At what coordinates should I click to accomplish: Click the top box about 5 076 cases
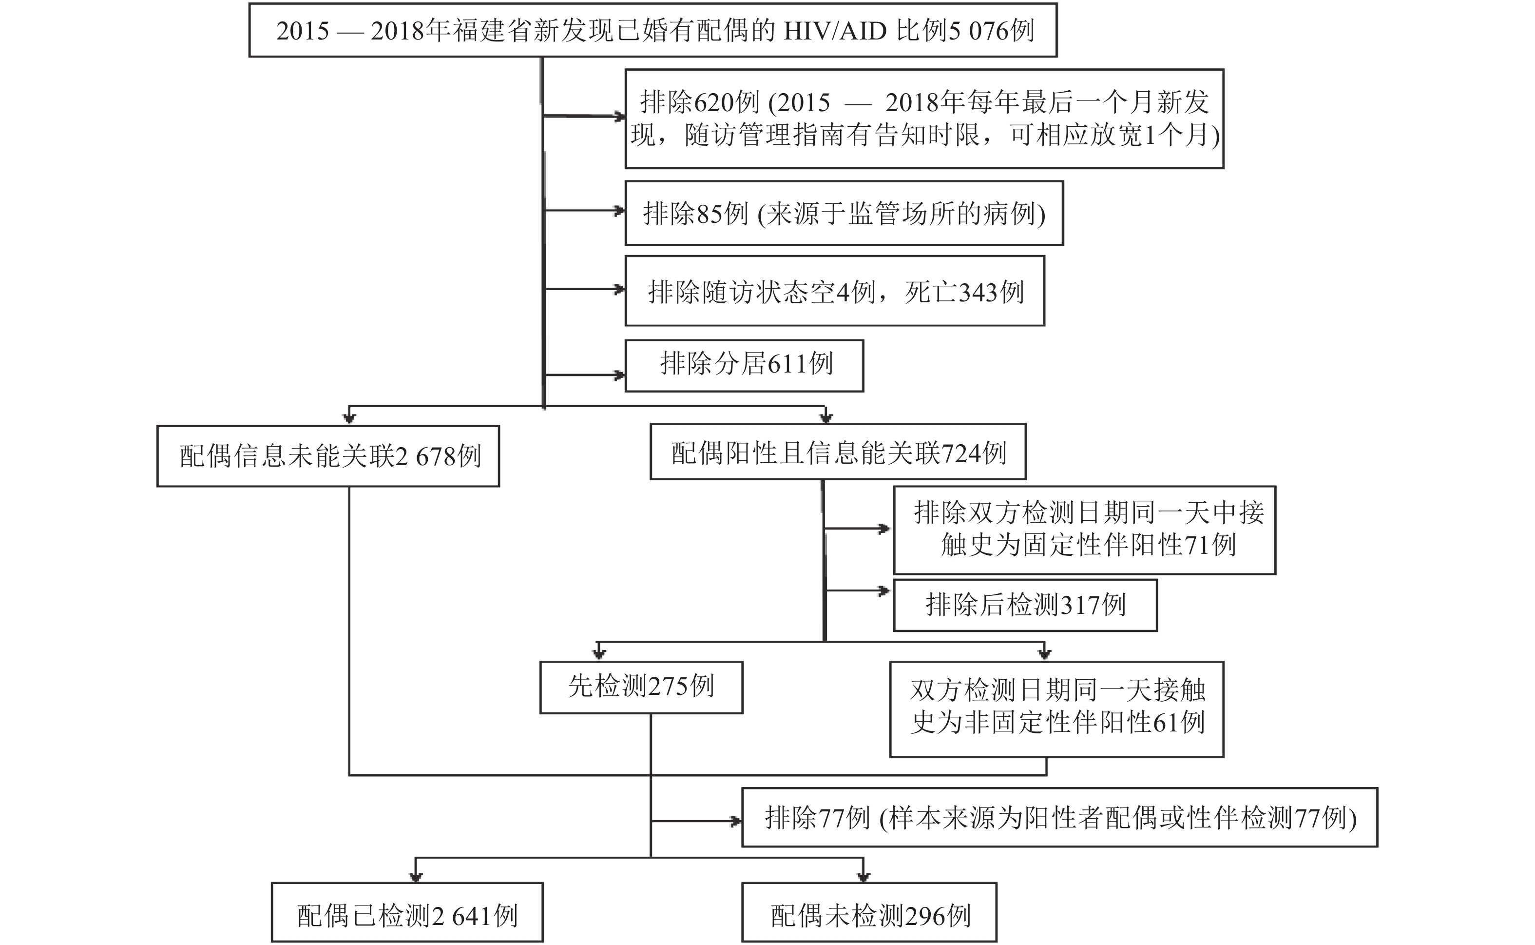pyautogui.click(x=652, y=30)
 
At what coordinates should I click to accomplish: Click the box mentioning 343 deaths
pyautogui.click(x=834, y=291)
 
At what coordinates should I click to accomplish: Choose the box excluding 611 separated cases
pyautogui.click(x=745, y=366)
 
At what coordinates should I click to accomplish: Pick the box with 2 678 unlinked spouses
pyautogui.click(x=328, y=456)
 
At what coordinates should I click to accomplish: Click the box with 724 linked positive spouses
pyautogui.click(x=838, y=453)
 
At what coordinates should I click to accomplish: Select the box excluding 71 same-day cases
pyautogui.click(x=1084, y=530)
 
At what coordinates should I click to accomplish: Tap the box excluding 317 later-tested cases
pyautogui.click(x=1025, y=605)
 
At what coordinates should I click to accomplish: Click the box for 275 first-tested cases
pyautogui.click(x=641, y=687)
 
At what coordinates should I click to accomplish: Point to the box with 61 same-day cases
pyautogui.click(x=1056, y=709)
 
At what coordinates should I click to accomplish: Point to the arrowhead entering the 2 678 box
pyautogui.click(x=350, y=417)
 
